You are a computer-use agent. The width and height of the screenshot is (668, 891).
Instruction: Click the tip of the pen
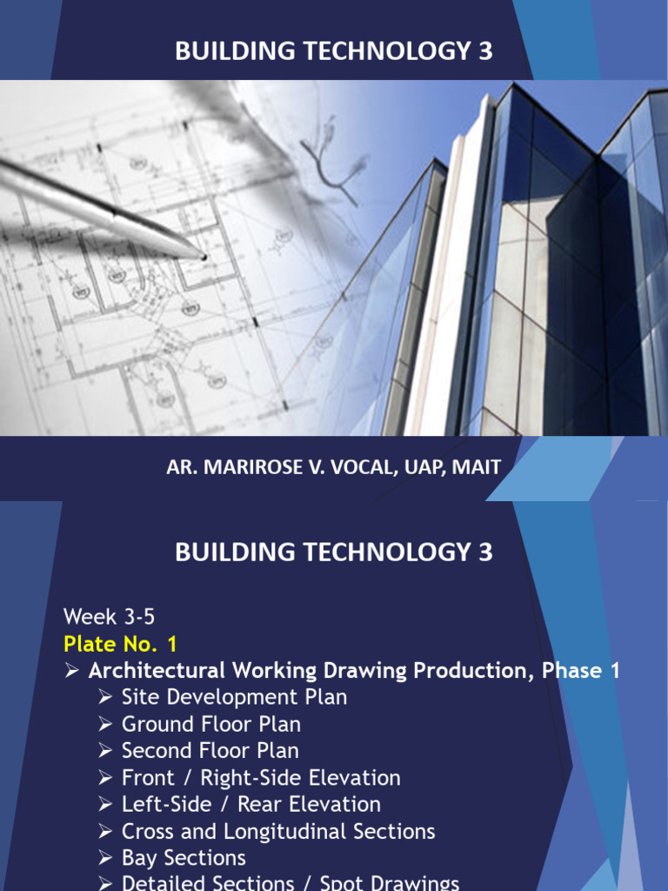(204, 257)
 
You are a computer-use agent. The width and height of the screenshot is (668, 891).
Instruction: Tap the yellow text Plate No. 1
(120, 644)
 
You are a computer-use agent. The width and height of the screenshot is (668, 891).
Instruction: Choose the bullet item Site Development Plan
(234, 697)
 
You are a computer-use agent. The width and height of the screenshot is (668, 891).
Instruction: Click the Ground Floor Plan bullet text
(211, 724)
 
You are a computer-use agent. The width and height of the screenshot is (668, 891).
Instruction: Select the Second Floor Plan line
(210, 751)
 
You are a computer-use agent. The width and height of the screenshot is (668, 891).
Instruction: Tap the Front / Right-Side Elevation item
(261, 778)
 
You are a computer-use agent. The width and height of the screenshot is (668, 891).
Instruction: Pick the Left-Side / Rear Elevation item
(250, 804)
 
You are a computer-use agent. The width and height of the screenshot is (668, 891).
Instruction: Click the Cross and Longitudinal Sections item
(278, 831)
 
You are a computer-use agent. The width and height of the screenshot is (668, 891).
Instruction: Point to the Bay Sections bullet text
(184, 858)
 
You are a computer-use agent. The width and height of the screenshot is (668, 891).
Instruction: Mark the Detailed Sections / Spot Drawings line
(290, 882)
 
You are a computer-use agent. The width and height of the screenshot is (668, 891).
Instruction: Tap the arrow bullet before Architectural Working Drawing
(72, 671)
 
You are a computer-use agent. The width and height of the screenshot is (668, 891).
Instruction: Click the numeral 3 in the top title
(485, 51)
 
